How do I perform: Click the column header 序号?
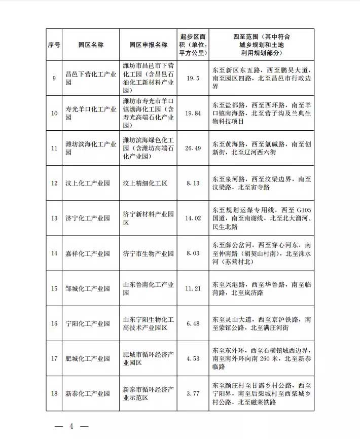[x=54, y=45]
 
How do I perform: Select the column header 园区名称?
[x=91, y=45]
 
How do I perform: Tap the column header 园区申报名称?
[x=148, y=45]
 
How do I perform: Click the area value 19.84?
[x=193, y=113]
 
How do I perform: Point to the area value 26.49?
[x=193, y=148]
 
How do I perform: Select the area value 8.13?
[x=193, y=183]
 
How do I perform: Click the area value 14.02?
[x=193, y=218]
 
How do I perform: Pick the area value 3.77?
[x=193, y=393]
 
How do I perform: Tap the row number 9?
[x=54, y=78]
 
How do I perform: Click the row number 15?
[x=54, y=288]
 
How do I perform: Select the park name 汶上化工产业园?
[x=88, y=183]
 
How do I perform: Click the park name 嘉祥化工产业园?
[x=88, y=253]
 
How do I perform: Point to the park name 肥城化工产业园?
[x=88, y=358]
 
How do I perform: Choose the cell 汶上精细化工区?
[x=145, y=183]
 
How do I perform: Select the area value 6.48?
[x=193, y=323]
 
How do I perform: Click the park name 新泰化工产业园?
[x=88, y=393]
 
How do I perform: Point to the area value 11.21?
[x=193, y=288]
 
